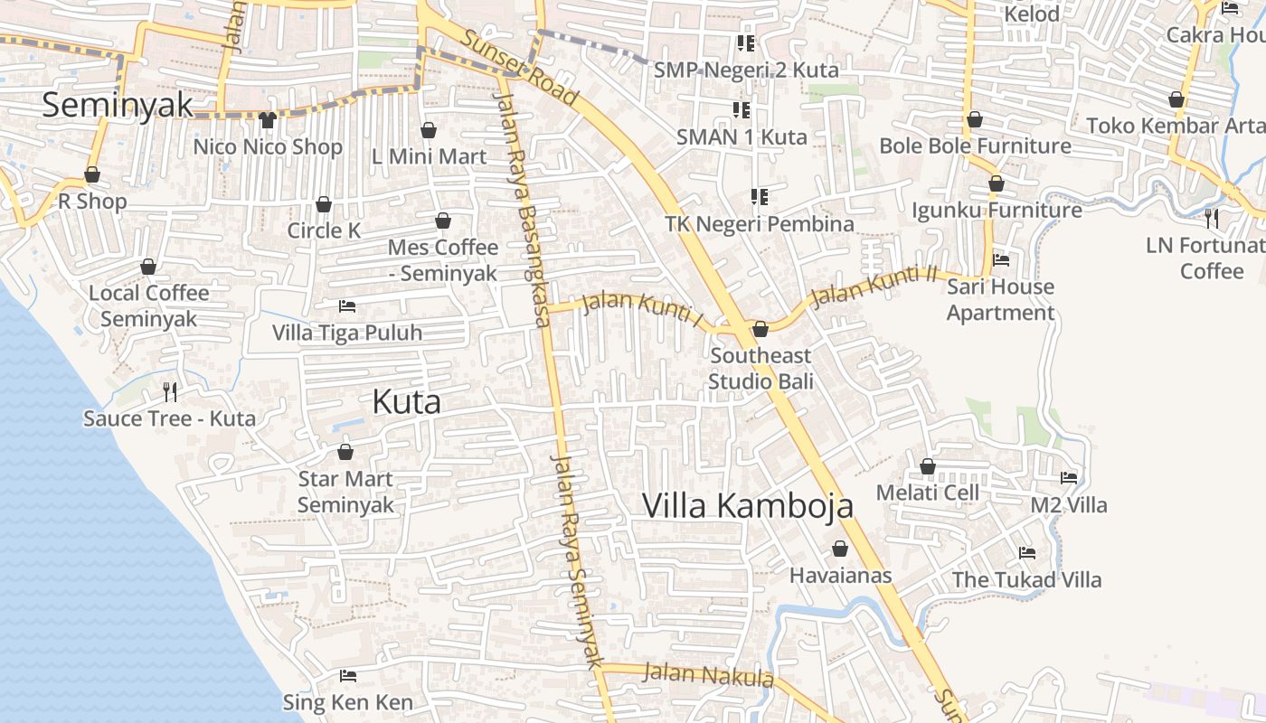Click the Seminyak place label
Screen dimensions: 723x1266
[x=118, y=105]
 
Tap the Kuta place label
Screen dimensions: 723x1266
[x=407, y=402]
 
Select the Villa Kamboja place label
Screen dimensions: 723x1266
[x=748, y=506]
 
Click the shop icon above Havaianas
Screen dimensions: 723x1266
[x=840, y=549]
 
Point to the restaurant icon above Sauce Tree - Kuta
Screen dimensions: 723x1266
[x=169, y=391]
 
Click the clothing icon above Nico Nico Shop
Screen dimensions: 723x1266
[x=267, y=119]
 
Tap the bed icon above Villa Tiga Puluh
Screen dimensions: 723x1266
[x=346, y=306]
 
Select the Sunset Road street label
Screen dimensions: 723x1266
[x=519, y=67]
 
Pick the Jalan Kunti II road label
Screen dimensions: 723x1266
[x=874, y=286]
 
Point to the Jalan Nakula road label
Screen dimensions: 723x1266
[x=708, y=675]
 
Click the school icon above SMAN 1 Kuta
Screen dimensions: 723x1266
[x=742, y=110]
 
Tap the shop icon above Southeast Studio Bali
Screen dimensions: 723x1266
[x=761, y=329]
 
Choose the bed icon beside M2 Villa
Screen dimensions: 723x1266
[x=1069, y=477]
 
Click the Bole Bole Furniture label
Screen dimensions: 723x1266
[x=975, y=146]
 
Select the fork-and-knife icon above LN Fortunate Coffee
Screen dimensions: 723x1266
[x=1212, y=218]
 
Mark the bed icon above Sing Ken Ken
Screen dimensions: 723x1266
[x=347, y=676]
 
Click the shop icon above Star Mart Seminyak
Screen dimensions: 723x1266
[x=345, y=452]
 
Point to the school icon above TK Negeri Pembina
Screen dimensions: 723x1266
[x=760, y=196]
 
